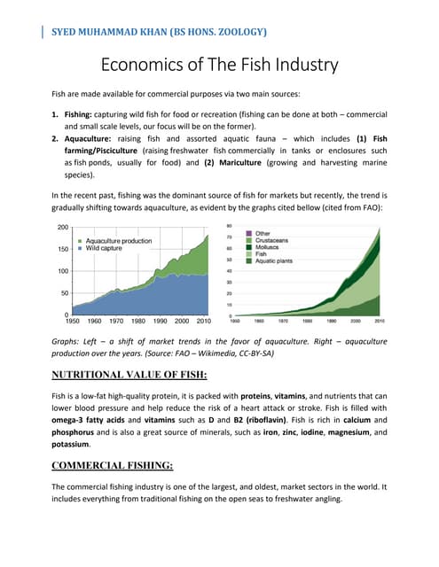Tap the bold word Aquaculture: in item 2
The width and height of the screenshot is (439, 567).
click(x=95, y=138)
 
